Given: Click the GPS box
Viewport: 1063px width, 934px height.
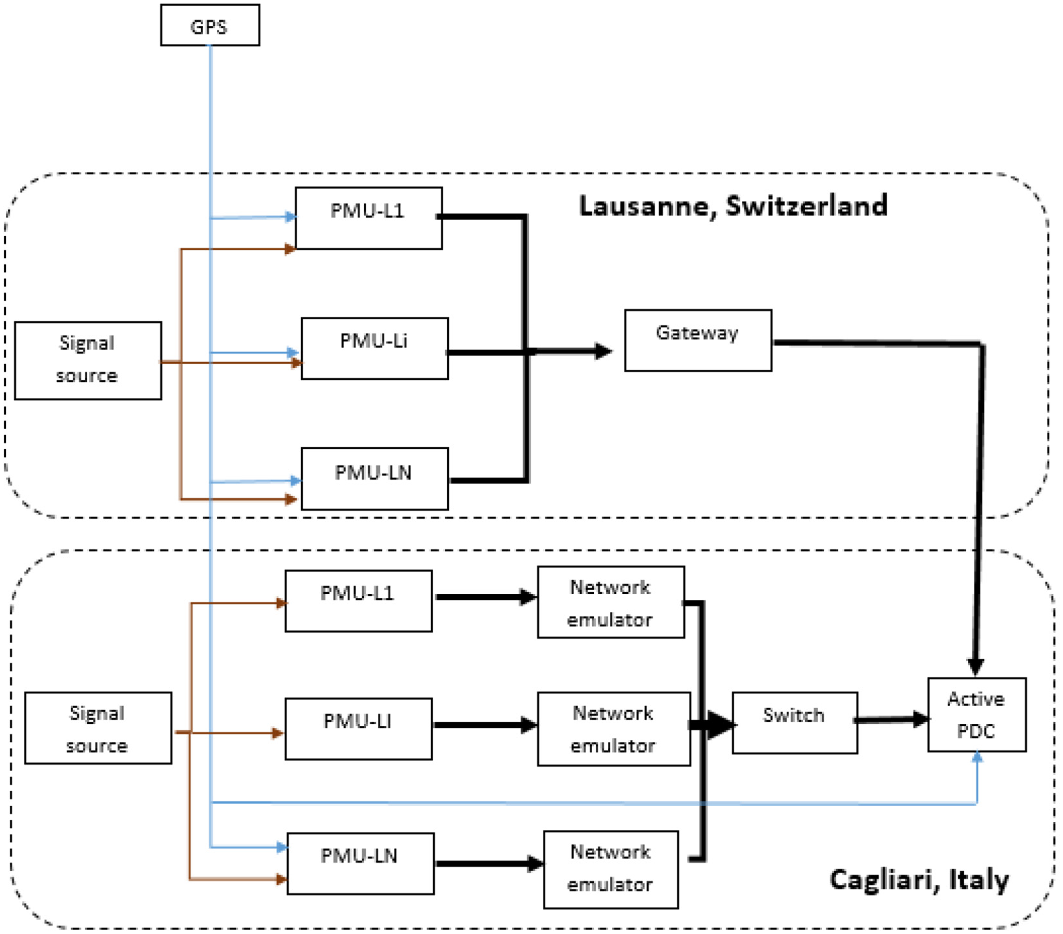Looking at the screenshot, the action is (x=210, y=25).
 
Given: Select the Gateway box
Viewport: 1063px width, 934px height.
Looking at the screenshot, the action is (x=698, y=341).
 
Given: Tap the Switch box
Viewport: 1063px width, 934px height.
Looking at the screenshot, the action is (x=795, y=723).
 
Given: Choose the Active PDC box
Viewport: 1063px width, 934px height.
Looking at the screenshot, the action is (x=977, y=714).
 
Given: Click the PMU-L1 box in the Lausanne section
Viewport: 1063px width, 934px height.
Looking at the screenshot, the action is (x=369, y=218).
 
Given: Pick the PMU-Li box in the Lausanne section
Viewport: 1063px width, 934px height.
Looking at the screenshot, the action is (x=375, y=348).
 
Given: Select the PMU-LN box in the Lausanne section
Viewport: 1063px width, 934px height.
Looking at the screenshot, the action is (x=375, y=479).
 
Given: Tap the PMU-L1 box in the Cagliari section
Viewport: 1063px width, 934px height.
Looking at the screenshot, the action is (x=359, y=600).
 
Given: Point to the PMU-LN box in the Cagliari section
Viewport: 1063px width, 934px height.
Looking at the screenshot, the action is (x=361, y=864).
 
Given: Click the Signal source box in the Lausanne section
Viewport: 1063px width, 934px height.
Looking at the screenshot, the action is (x=88, y=361).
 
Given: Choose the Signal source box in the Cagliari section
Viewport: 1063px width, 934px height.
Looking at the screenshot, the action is (x=98, y=728).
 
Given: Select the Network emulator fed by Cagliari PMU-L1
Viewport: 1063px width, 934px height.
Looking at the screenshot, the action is (x=611, y=602).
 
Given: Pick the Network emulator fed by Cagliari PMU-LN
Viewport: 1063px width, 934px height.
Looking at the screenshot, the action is (x=611, y=870).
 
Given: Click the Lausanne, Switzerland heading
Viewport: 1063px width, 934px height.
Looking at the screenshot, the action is (x=733, y=206).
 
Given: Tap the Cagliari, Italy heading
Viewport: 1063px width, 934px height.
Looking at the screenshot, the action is (x=919, y=880).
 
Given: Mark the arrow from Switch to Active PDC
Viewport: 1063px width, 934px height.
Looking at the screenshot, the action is (x=892, y=719).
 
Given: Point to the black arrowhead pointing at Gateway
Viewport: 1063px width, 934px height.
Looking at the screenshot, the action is (x=603, y=351).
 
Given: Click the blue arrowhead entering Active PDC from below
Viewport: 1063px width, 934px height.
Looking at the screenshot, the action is (x=977, y=757).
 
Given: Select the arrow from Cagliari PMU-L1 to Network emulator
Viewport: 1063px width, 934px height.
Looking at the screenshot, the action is (x=485, y=597).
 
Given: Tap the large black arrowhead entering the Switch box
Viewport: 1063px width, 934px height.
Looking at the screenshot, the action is (x=721, y=725).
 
